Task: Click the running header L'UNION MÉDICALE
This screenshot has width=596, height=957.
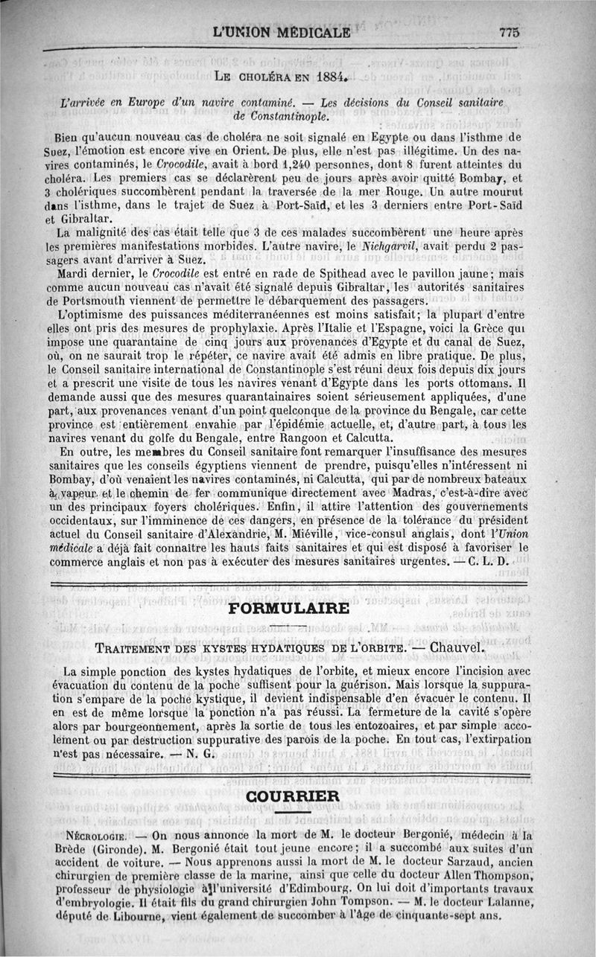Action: (281, 32)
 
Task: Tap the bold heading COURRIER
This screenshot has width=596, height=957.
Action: (293, 796)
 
